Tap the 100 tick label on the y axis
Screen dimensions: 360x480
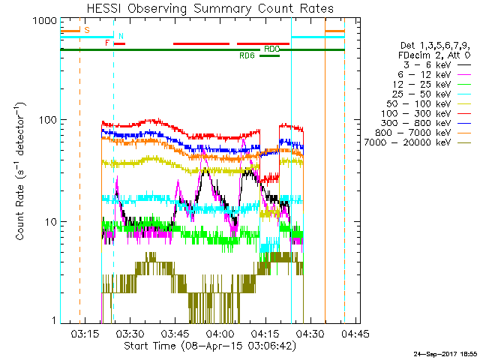pyautogui.click(x=46, y=120)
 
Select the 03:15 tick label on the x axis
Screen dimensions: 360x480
pyautogui.click(x=85, y=333)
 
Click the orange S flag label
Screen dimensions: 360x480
pyautogui.click(x=86, y=30)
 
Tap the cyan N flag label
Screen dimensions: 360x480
pyautogui.click(x=121, y=36)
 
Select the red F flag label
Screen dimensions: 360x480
pyautogui.click(x=107, y=43)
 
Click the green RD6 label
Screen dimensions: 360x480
pyautogui.click(x=247, y=55)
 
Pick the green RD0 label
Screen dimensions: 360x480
pyautogui.click(x=271, y=49)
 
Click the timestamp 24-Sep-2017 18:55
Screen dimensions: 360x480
pyautogui.click(x=443, y=353)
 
